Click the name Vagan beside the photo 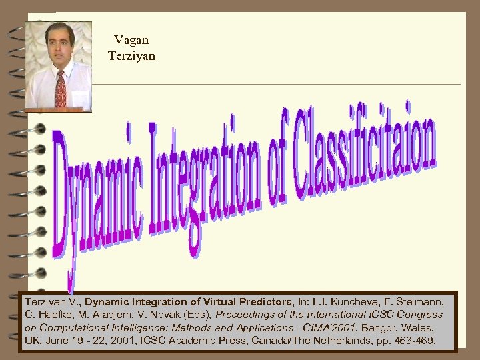(x=131, y=41)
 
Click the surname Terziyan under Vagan (x=131, y=56)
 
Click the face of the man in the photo (x=59, y=48)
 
